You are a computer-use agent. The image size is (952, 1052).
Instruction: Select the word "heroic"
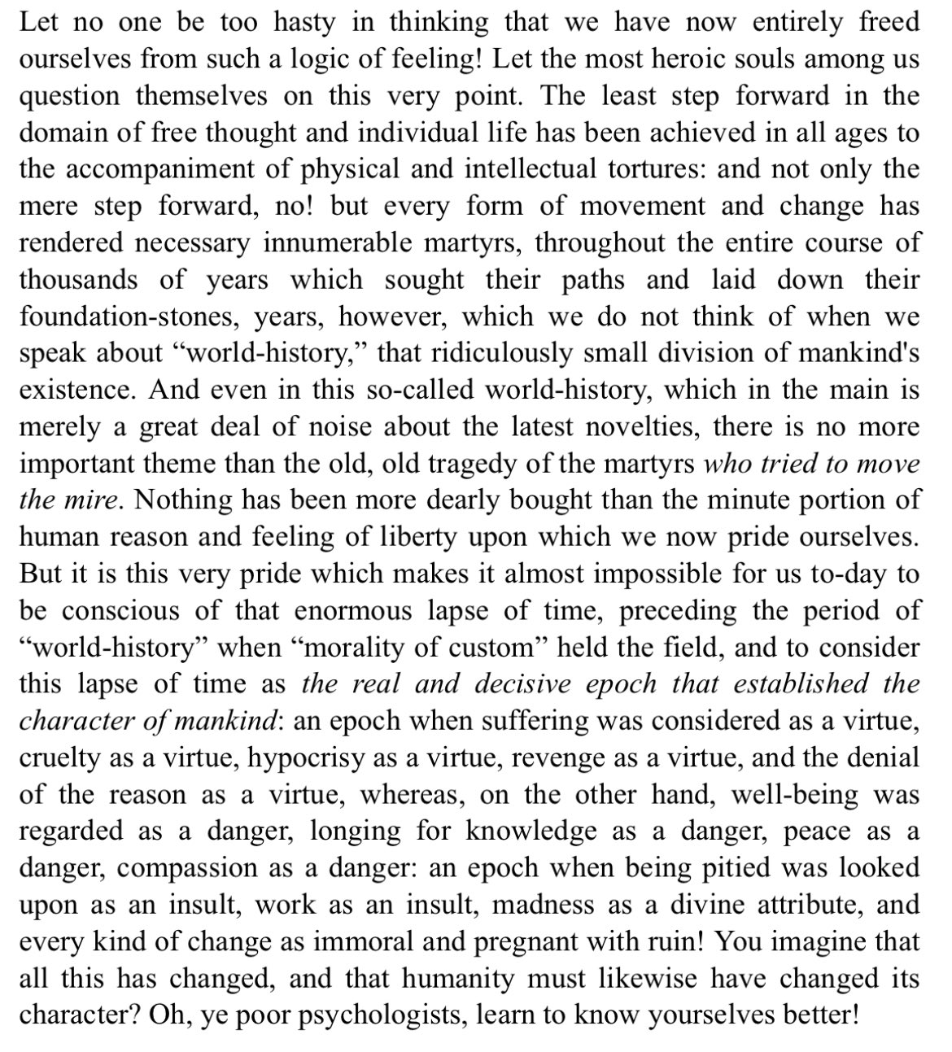[718, 59]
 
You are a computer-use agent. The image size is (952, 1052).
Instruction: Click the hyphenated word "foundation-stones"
[138, 316]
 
